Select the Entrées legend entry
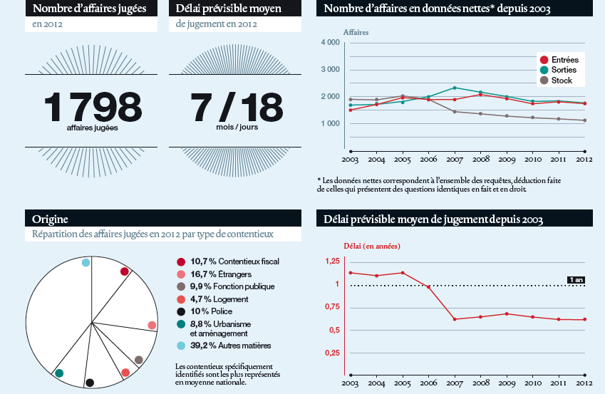pos(564,60)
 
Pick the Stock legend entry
pos(562,81)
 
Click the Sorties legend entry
pos(564,70)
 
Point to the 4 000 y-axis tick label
pos(330,43)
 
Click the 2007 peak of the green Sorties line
pos(455,88)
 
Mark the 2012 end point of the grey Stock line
pos(584,120)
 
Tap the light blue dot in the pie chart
pos(86,262)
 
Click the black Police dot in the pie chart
pos(90,383)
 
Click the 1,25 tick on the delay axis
pos(331,261)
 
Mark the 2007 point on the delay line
pos(455,319)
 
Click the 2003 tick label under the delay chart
pos(351,384)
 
